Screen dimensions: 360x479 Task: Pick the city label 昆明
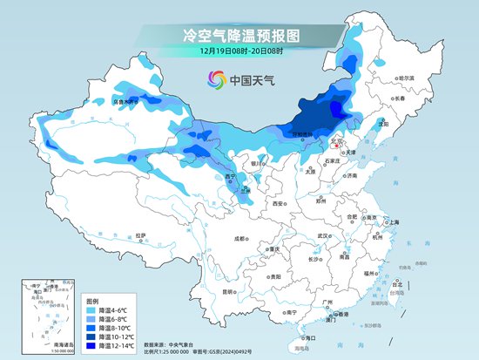(x=228, y=292)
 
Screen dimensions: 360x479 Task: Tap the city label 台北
(x=399, y=285)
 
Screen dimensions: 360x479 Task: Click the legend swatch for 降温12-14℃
(x=91, y=346)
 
